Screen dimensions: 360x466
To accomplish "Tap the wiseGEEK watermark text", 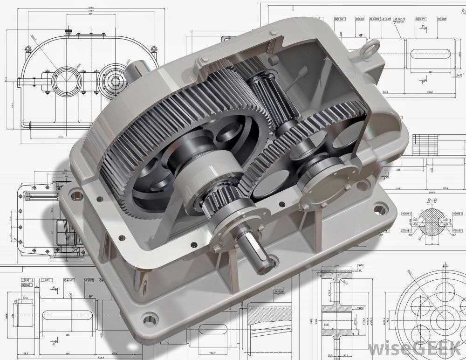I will (415, 347).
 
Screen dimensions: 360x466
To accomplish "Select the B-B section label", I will (432, 201).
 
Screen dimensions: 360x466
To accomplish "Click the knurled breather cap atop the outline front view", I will (69, 31).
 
